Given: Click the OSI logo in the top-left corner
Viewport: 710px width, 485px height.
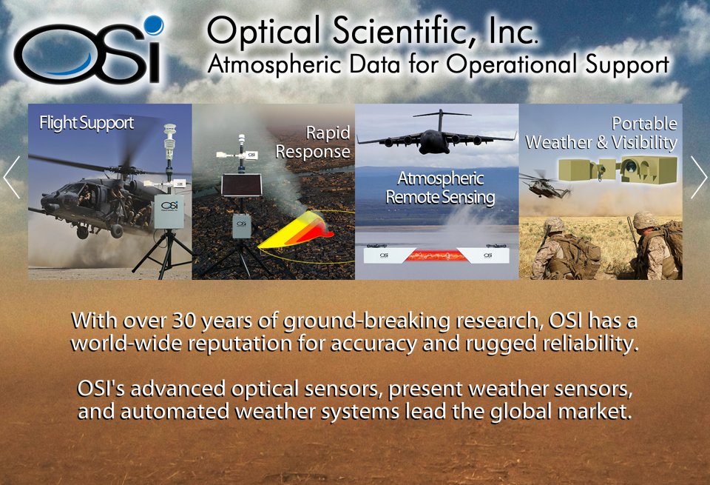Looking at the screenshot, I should pos(87,53).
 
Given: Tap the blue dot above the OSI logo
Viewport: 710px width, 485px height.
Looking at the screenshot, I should pos(153,26).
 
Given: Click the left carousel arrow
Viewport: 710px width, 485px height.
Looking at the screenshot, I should pos(11,177).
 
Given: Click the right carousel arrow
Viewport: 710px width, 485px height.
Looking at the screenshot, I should pos(698,177).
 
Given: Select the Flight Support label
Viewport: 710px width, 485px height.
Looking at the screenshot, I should pos(87,123).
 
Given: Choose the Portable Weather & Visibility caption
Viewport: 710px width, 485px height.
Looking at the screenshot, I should pos(601,133).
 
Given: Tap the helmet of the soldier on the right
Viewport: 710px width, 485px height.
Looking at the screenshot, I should pos(644,220).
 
